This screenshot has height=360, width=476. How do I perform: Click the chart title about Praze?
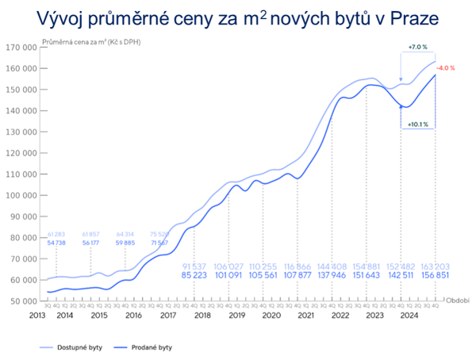(x=237, y=17)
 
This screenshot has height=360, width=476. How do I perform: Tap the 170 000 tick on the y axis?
(x=24, y=47)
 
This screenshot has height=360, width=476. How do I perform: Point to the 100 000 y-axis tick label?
(x=24, y=195)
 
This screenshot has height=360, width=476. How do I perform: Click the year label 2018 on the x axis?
(x=200, y=315)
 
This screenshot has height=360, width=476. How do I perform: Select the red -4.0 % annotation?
(x=446, y=68)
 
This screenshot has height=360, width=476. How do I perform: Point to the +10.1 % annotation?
(x=418, y=124)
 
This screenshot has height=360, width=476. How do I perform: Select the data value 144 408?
(x=332, y=266)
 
